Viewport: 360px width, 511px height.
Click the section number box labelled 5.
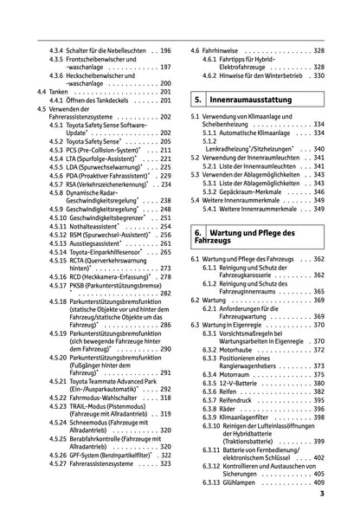198,102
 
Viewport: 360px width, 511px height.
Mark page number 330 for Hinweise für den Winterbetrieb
318,75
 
